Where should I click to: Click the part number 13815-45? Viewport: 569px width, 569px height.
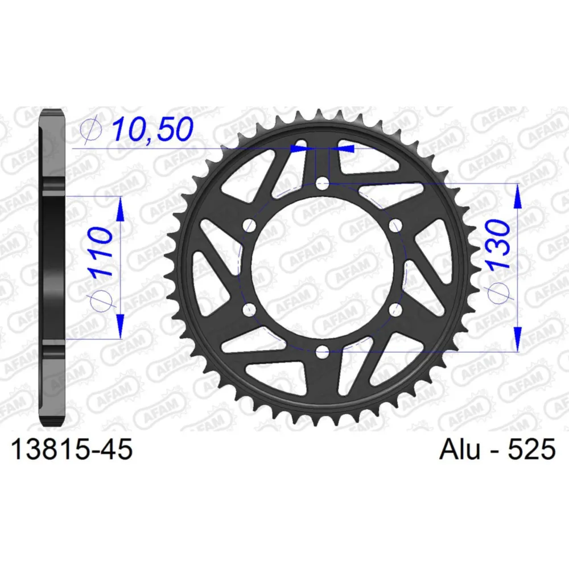click(72, 449)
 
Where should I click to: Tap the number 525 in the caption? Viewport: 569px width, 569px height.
click(531, 449)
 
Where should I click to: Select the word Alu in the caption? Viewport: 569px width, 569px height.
click(459, 449)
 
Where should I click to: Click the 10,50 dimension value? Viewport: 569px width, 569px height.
click(152, 130)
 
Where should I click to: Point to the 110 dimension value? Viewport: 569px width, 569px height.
click(101, 252)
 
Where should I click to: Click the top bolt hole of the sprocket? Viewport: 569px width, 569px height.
click(322, 183)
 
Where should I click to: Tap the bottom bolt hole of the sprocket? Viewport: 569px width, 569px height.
click(322, 352)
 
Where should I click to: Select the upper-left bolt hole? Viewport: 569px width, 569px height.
click(249, 225)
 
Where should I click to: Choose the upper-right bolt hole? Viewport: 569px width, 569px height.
click(395, 225)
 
